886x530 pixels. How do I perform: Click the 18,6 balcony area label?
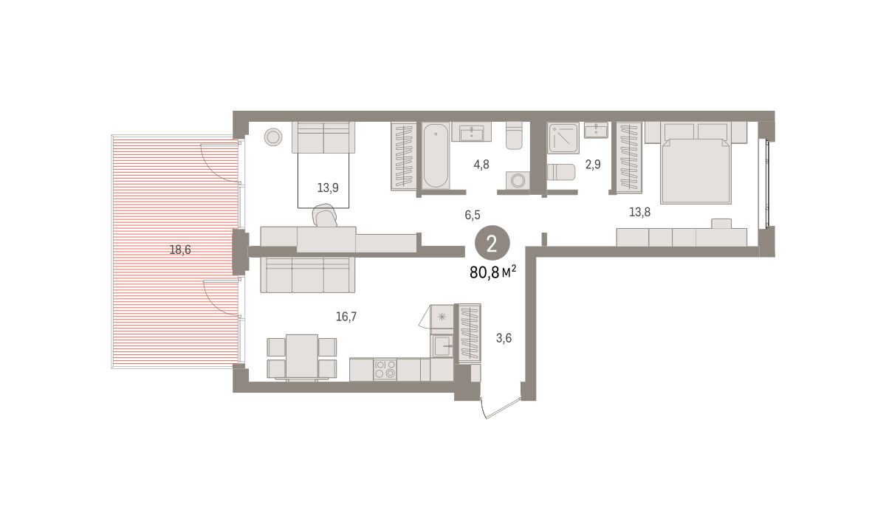[180, 249]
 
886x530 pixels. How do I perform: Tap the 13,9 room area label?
[328, 187]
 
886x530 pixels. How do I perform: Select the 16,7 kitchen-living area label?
[346, 317]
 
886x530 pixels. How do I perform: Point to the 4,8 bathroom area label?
[481, 164]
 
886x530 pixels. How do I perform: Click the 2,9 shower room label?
[593, 164]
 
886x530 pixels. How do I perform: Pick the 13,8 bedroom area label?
[639, 212]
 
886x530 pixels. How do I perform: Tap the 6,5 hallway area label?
[473, 215]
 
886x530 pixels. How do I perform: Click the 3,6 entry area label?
[504, 338]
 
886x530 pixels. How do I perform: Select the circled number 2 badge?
[492, 244]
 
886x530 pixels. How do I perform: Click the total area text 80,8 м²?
[493, 272]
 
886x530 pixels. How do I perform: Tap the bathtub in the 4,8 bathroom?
[436, 156]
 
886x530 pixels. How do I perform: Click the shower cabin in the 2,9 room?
[563, 137]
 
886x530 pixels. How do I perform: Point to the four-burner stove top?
[385, 369]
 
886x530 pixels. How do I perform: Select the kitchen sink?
[442, 345]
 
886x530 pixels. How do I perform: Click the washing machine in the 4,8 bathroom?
[518, 181]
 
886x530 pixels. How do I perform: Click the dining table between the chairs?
[302, 357]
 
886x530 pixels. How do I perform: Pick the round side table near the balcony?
[273, 137]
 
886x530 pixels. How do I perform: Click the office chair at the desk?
[325, 215]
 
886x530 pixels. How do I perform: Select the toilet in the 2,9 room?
[561, 172]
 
